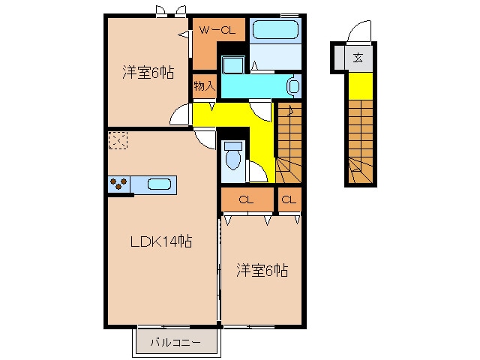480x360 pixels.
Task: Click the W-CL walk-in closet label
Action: [x=217, y=30]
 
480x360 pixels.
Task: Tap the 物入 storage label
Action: [x=205, y=86]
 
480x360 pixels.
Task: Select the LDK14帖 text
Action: [x=161, y=241]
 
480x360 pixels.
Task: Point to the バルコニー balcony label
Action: [x=175, y=342]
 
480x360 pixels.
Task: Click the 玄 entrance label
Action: [x=358, y=58]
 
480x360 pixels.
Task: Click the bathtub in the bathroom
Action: [x=275, y=30]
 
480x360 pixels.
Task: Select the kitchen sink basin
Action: [x=159, y=184]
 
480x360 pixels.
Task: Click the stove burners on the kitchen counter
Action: [x=118, y=183]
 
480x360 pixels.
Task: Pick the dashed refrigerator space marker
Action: [x=118, y=140]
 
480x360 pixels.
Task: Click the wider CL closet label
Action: [x=247, y=200]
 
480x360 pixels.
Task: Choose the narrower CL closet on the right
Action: [x=289, y=200]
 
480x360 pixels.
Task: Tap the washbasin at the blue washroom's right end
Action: [x=293, y=85]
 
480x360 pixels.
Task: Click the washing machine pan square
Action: [x=233, y=64]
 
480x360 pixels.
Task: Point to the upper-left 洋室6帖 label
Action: [x=148, y=73]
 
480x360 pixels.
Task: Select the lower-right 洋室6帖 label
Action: [x=262, y=271]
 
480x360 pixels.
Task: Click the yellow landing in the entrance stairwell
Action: [x=361, y=86]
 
